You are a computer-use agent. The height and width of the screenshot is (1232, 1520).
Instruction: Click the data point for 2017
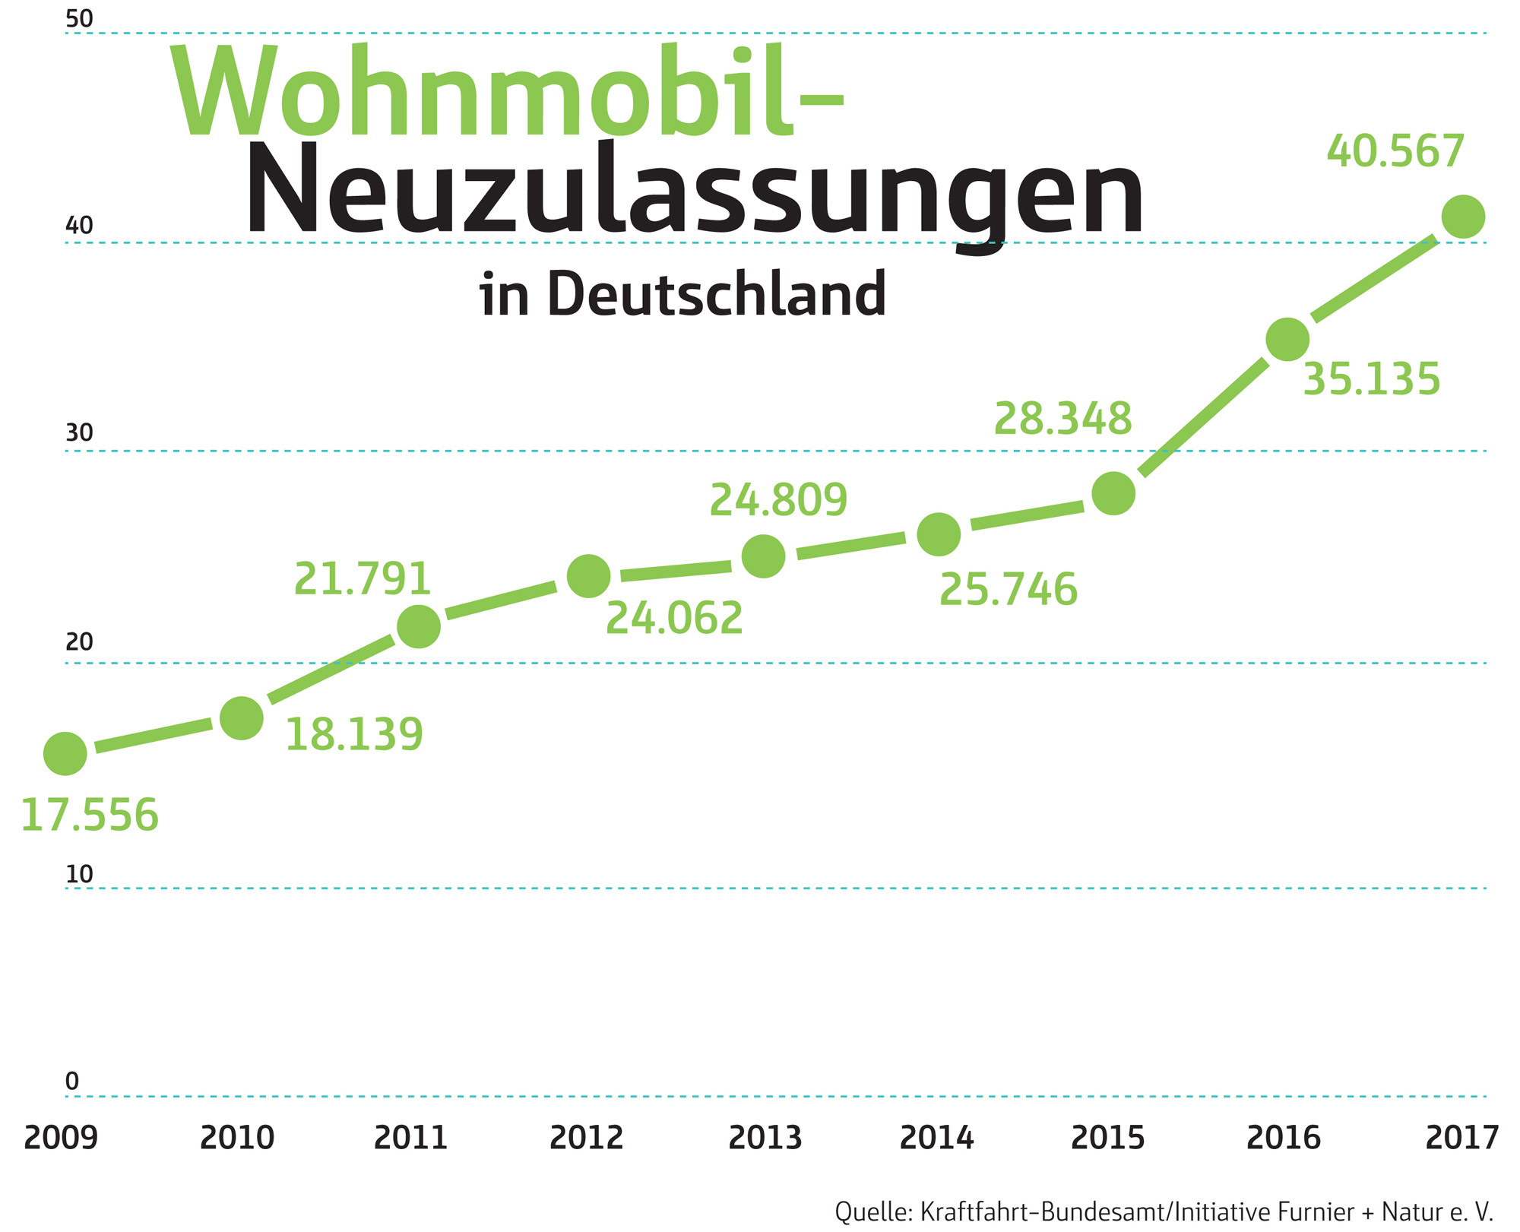coord(1462,217)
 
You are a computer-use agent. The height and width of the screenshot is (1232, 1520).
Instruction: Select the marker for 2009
coord(65,754)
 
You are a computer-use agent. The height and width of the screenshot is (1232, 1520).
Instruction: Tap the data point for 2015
coord(1113,493)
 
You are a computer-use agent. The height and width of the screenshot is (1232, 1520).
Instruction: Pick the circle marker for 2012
coord(589,576)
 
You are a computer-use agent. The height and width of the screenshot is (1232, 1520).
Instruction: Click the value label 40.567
coord(1395,152)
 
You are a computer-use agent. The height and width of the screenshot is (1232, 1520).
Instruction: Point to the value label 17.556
coord(90,816)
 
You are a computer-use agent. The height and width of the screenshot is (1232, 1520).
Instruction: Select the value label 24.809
coord(778,500)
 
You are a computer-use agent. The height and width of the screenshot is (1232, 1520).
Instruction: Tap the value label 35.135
coord(1371,379)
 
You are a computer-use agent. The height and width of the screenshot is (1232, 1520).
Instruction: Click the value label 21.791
coord(363,579)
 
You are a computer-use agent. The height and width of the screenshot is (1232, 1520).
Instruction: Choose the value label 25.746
coord(1009,590)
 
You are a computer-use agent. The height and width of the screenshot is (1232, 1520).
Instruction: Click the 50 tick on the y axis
coord(79,19)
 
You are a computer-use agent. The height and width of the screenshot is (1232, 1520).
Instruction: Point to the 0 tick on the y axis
coord(72,1082)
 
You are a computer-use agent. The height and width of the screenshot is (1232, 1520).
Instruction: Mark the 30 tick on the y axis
coord(79,433)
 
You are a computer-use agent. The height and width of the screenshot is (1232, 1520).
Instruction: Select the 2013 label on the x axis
coord(765,1138)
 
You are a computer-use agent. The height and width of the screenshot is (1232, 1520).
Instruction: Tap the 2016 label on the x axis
coord(1284,1138)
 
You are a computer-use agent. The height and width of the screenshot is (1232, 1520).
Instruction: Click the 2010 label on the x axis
coord(237,1138)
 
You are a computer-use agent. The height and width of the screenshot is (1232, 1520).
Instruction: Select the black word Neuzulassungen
coord(694,190)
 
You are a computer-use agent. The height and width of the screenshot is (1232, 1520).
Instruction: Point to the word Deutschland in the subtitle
coord(717,294)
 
